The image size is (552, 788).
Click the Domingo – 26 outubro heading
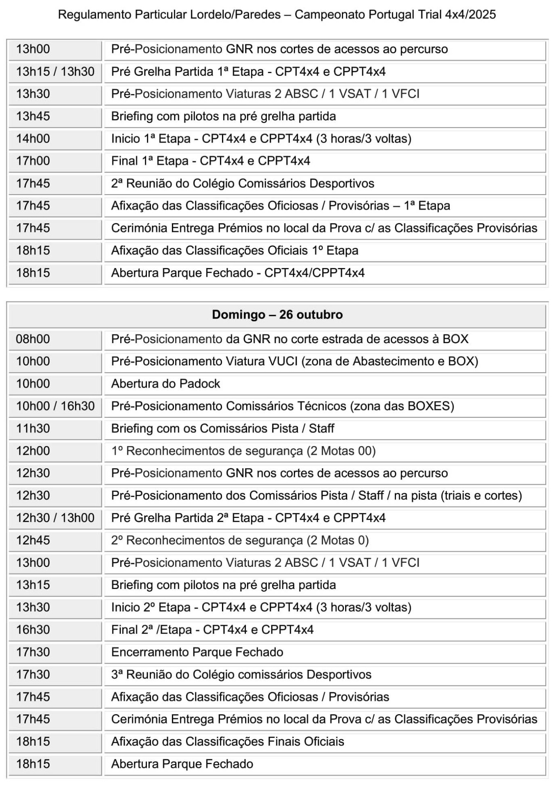(x=277, y=315)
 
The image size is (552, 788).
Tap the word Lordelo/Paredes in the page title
(x=235, y=15)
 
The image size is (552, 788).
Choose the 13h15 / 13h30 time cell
(x=55, y=72)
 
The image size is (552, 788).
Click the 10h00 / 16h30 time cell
(x=55, y=406)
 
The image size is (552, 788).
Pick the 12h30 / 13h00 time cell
(x=55, y=518)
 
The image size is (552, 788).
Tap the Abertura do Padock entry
(x=165, y=384)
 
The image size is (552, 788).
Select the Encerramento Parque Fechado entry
(x=197, y=652)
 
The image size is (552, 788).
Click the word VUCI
(x=283, y=362)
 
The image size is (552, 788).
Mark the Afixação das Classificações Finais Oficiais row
(x=227, y=742)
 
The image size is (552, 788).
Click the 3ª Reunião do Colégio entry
(x=241, y=675)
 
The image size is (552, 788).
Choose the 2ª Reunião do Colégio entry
(x=243, y=183)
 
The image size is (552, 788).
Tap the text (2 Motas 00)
(x=341, y=451)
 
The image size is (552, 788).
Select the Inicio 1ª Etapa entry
(x=261, y=139)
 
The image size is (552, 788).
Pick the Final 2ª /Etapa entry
(x=212, y=630)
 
